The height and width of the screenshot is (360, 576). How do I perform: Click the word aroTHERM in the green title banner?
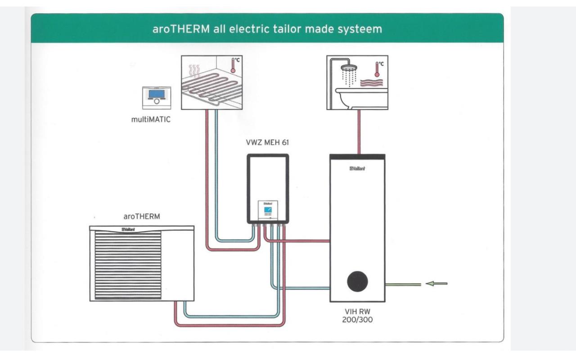click(181, 29)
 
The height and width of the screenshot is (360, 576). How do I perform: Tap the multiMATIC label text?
click(151, 120)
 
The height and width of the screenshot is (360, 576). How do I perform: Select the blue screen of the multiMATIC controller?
click(157, 94)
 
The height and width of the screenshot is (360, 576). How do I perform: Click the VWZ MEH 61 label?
click(267, 143)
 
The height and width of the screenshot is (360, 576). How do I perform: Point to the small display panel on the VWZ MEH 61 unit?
click(268, 210)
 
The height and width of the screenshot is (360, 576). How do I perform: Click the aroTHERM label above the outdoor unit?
click(142, 216)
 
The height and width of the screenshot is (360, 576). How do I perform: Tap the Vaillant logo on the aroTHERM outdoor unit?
click(128, 229)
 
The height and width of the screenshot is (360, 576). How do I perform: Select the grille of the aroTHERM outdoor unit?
click(128, 265)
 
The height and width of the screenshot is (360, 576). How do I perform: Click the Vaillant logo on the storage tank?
click(357, 169)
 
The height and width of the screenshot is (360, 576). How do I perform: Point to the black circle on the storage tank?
click(357, 281)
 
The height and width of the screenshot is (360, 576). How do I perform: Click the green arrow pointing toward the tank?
click(436, 283)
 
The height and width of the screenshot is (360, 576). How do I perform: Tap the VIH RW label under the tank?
click(357, 312)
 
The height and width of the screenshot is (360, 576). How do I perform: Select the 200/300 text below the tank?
click(357, 320)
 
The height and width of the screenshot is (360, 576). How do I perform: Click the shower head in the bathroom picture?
click(349, 67)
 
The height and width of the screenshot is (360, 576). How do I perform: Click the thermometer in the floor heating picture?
click(233, 65)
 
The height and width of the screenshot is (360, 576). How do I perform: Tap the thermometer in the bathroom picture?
click(377, 69)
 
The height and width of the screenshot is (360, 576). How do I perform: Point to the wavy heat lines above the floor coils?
click(194, 71)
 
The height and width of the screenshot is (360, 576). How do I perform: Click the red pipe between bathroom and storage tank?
click(359, 132)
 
